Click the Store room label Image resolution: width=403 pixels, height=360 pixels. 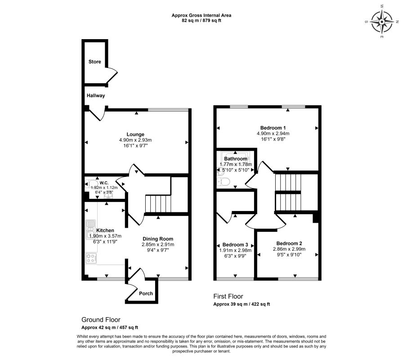click(94, 62)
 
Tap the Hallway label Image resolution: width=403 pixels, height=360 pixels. click(96, 96)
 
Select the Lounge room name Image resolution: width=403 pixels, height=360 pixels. click(135, 134)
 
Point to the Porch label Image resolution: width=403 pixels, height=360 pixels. click(146, 293)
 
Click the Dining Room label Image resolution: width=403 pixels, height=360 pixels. click(158, 239)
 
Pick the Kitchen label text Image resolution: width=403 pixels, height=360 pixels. click(105, 230)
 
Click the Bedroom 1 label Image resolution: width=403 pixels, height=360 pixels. click(273, 128)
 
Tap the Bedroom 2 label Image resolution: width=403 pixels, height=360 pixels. click(289, 243)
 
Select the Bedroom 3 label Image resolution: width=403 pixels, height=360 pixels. click(235, 244)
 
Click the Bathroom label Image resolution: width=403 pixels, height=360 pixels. click(235, 159)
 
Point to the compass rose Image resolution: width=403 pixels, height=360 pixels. click(382, 22)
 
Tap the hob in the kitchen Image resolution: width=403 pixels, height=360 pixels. click(91, 258)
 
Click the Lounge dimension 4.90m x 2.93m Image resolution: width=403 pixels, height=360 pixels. click(135, 140)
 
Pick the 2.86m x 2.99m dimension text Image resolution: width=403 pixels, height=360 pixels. click(289, 249)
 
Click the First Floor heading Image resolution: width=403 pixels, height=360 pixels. click(228, 297)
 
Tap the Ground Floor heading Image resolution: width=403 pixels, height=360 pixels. click(101, 319)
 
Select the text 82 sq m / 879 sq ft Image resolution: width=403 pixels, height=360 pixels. click(201, 21)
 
